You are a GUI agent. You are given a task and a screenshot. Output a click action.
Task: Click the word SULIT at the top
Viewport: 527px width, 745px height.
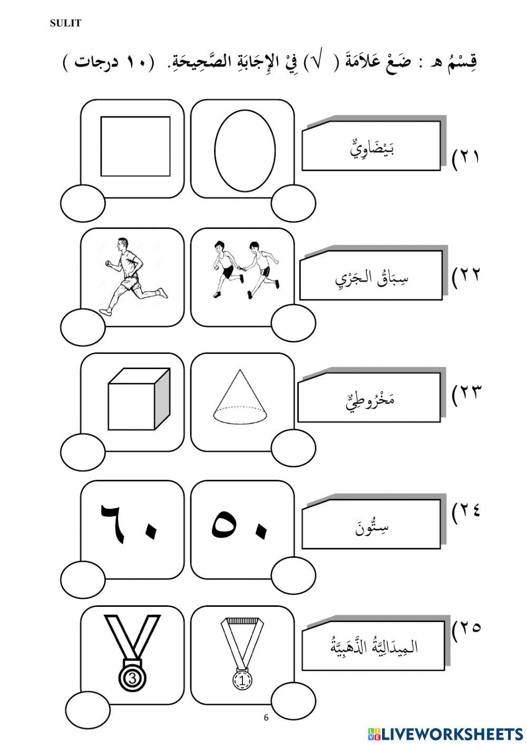click(x=65, y=23)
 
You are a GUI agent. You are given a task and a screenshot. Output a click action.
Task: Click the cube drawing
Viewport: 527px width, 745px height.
click(x=139, y=399)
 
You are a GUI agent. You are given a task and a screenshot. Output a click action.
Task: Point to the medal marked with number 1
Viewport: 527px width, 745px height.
click(x=242, y=653)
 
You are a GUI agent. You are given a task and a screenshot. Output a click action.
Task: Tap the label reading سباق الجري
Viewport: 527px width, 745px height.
click(x=372, y=279)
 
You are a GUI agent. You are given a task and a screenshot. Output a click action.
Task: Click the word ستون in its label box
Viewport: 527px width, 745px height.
click(x=372, y=527)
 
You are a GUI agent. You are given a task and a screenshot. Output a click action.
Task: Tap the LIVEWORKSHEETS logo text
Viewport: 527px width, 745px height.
click(x=445, y=733)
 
